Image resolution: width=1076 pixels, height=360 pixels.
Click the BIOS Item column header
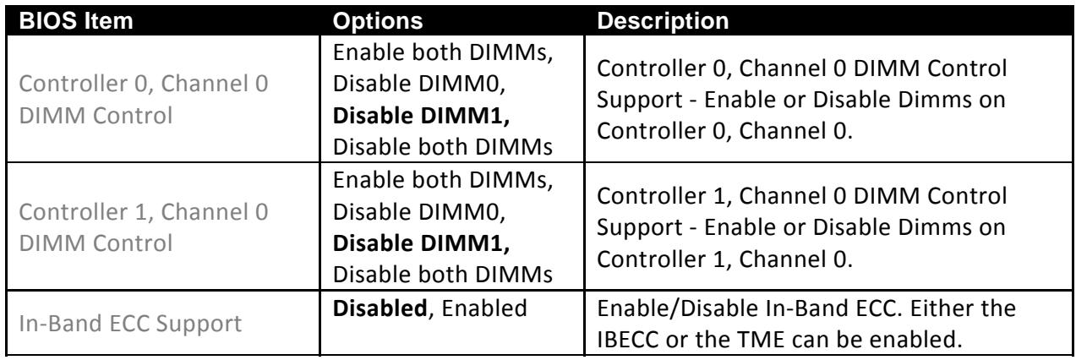pyautogui.click(x=76, y=21)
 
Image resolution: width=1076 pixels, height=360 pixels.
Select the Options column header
pyautogui.click(x=378, y=21)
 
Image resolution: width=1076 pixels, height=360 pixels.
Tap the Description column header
pyautogui.click(x=663, y=21)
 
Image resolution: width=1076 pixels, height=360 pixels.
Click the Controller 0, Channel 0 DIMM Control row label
pyautogui.click(x=144, y=100)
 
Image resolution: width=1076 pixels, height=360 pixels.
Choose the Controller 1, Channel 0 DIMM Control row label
pyautogui.click(x=144, y=227)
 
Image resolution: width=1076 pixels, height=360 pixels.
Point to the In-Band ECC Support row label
pyautogui.click(x=130, y=324)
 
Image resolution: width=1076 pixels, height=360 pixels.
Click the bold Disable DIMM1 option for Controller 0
pyautogui.click(x=421, y=116)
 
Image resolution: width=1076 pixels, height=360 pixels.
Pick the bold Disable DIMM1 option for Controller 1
pyautogui.click(x=421, y=243)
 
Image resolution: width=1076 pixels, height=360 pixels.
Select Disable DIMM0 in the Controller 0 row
pyautogui.click(x=419, y=84)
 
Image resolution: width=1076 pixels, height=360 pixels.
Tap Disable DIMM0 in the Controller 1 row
pyautogui.click(x=419, y=211)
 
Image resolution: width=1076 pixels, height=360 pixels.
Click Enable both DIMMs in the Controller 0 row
pyautogui.click(x=443, y=52)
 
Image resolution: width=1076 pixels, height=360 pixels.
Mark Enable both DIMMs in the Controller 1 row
pyautogui.click(x=443, y=180)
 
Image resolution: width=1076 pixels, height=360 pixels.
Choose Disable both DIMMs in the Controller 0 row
pyautogui.click(x=443, y=147)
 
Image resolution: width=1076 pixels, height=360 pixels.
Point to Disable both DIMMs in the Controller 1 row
pyautogui.click(x=443, y=275)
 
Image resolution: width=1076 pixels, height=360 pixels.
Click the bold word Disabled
pyautogui.click(x=380, y=308)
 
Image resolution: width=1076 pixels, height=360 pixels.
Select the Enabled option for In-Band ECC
pyautogui.click(x=484, y=308)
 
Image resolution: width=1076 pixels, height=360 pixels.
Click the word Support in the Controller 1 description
pyautogui.click(x=639, y=228)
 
